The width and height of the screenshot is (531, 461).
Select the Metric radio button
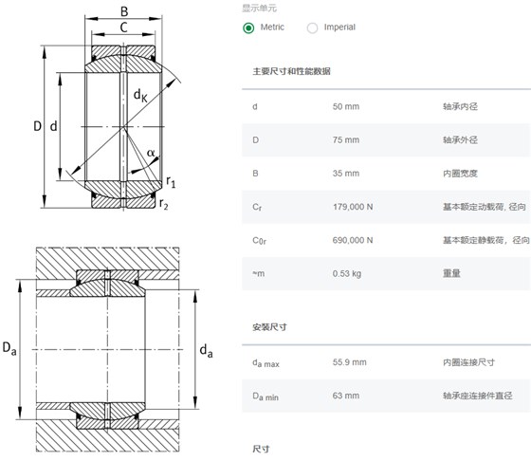coord(248,28)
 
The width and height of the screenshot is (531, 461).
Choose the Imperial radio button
coord(312,28)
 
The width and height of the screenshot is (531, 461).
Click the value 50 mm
coord(346,106)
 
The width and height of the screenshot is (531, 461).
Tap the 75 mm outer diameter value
coord(346,139)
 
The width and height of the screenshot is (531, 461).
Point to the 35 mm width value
coord(346,174)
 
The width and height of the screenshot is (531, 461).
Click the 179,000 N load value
coord(353,207)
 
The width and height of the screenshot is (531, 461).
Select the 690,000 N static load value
coord(353,240)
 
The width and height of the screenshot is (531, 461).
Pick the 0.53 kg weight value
coord(347,274)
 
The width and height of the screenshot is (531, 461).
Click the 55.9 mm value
coord(350,362)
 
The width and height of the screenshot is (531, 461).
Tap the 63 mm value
coord(346,396)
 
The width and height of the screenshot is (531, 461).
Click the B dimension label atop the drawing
coord(124,11)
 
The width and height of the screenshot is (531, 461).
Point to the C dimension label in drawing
coord(123,28)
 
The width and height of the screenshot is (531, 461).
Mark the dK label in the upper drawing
coord(140,96)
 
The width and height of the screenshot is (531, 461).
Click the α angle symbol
coord(151,153)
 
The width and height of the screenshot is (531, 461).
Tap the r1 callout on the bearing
coord(171,182)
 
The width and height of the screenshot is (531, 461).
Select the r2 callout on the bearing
coord(163,204)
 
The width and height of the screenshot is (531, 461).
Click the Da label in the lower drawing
coord(9,348)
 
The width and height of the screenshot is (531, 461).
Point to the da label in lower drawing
coord(207,351)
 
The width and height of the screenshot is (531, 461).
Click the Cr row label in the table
coord(257,207)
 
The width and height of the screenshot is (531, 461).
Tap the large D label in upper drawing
coord(37,126)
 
